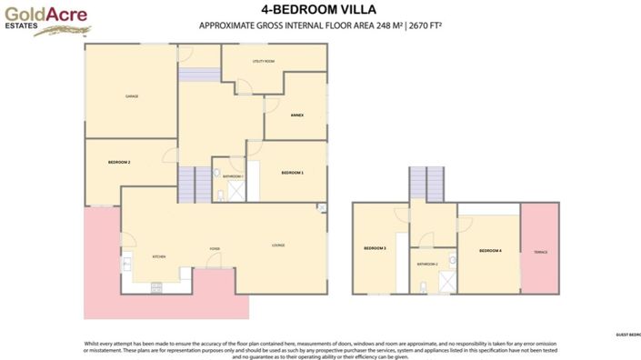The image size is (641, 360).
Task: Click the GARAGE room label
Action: click(x=131, y=95)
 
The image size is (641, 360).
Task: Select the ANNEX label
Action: click(x=296, y=115)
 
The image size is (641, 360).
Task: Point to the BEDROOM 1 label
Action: click(x=292, y=172)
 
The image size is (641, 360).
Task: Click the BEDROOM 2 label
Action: click(x=119, y=162)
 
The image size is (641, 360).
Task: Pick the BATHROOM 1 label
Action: click(x=234, y=176)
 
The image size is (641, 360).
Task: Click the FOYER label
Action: click(x=215, y=247)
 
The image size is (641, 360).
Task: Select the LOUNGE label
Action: click(x=279, y=245)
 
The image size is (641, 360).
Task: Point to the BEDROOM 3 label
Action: click(x=376, y=248)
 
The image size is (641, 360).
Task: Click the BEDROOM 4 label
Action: click(x=490, y=250)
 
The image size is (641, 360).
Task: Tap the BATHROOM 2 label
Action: click(x=427, y=264)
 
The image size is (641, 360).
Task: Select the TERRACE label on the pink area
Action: click(x=540, y=252)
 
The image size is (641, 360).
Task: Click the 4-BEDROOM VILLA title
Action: click(x=320, y=10)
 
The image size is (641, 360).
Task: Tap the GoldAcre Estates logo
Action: click(x=36, y=19)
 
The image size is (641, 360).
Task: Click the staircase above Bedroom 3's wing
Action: click(x=426, y=185)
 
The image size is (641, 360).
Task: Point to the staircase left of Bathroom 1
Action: click(x=188, y=185)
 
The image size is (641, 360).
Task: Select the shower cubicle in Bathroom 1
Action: click(x=235, y=191)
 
